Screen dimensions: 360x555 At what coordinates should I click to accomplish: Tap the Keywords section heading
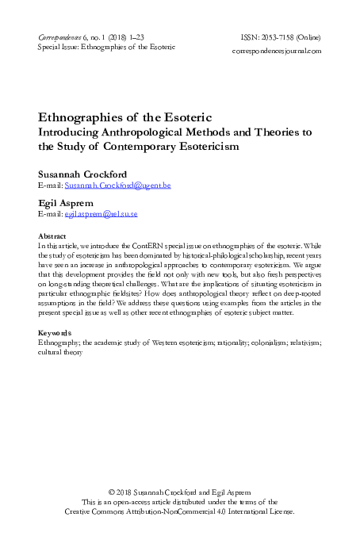click(58, 331)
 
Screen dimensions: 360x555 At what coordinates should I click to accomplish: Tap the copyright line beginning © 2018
click(180, 492)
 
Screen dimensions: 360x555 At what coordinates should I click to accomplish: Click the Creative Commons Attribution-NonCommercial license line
click(180, 512)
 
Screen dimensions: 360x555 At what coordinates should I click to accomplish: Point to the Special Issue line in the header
click(106, 48)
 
